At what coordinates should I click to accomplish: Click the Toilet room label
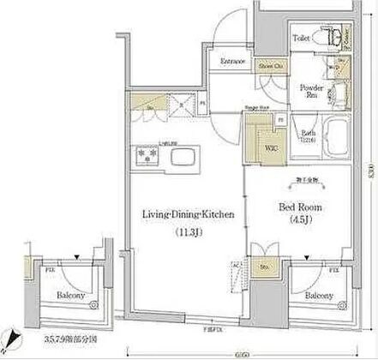coord(301,39)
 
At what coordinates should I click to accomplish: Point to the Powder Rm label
coord(309,92)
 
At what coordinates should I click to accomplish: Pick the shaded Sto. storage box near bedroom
coord(261,265)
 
